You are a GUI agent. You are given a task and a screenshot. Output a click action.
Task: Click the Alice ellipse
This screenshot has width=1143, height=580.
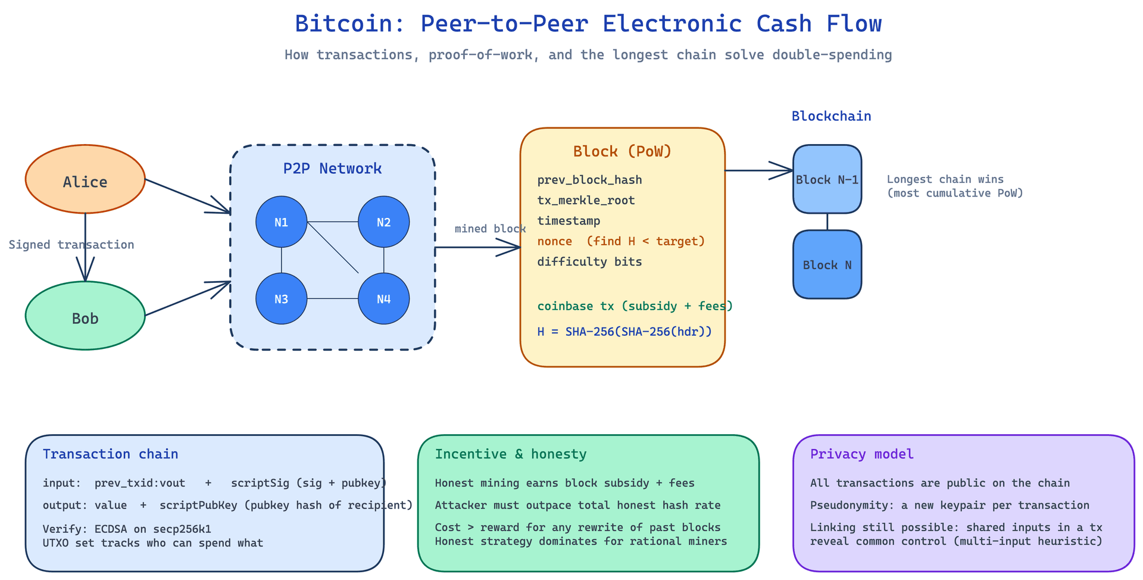click(85, 179)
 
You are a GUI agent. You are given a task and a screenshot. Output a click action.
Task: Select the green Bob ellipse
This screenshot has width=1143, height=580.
click(85, 316)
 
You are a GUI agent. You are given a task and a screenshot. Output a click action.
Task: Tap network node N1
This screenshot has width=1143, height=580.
click(282, 222)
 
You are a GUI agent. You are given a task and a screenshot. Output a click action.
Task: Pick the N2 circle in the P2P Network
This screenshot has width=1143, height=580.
click(384, 222)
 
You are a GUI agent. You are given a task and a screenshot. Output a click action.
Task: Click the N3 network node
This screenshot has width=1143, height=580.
click(282, 299)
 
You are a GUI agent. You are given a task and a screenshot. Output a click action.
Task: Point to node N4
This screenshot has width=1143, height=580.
click(384, 299)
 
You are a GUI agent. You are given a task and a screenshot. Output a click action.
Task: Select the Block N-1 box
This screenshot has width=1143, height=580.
click(827, 179)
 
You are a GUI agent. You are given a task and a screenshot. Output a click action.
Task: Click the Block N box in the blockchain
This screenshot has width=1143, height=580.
click(827, 264)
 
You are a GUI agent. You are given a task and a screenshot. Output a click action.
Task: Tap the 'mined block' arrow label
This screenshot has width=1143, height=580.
click(490, 229)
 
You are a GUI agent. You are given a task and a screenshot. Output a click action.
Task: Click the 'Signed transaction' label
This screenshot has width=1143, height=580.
click(71, 245)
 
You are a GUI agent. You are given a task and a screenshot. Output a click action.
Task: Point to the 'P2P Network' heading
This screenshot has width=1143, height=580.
click(333, 169)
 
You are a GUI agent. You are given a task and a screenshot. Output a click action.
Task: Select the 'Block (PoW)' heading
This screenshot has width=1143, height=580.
click(623, 151)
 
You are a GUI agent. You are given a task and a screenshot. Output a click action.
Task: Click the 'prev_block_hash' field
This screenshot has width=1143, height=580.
click(590, 180)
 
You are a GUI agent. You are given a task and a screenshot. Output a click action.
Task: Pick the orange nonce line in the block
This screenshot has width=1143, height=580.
click(621, 241)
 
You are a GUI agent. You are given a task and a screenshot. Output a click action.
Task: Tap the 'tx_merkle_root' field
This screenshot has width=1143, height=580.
click(586, 201)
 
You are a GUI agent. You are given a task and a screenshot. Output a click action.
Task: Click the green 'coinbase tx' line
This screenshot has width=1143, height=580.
click(635, 306)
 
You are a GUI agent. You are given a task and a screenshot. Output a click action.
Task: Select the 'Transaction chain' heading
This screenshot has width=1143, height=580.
click(111, 454)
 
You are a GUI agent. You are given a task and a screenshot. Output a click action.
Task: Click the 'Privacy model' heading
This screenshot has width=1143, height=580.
click(862, 454)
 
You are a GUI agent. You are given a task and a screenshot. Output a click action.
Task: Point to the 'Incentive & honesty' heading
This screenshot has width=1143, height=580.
click(511, 454)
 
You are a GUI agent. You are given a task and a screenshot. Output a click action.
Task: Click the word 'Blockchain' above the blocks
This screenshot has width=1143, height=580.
click(832, 116)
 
